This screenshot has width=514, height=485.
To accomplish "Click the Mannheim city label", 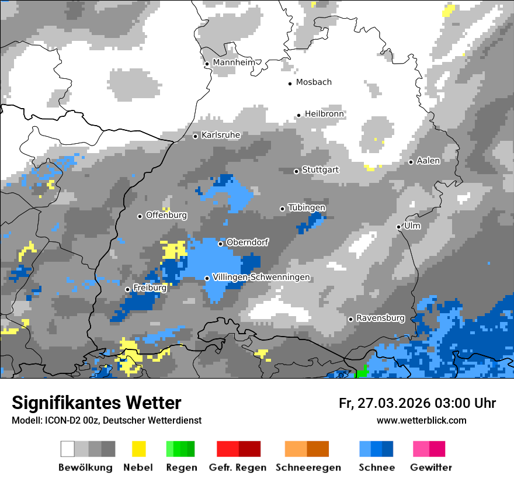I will click(x=235, y=63).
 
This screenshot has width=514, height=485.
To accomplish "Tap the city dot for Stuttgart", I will click(x=296, y=171).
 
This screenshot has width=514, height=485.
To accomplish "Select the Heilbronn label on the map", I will click(x=324, y=114).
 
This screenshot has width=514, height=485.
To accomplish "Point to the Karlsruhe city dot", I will click(x=196, y=136).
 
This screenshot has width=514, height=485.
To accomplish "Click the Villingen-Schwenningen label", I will click(x=261, y=278).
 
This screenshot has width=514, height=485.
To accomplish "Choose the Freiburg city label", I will click(x=150, y=288).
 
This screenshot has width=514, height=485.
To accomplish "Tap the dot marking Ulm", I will click(x=398, y=227).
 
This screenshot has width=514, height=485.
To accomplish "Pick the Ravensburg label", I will click(x=380, y=318).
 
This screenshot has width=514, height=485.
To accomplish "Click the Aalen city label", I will click(x=428, y=161).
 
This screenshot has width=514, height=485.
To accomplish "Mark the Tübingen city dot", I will click(x=283, y=209).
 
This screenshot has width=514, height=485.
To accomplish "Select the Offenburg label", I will click(x=166, y=215).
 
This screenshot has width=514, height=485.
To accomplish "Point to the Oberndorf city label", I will click(x=247, y=243).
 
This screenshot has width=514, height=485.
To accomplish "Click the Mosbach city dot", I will click(x=290, y=84).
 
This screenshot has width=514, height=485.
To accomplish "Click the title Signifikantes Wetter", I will click(x=96, y=403).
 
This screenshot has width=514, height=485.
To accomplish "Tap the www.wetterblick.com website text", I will click(x=422, y=421).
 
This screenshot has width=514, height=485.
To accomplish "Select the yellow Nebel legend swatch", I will click(x=138, y=449).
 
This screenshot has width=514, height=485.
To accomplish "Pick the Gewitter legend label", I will click(x=431, y=467).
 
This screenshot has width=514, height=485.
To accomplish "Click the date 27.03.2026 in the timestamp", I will click(x=395, y=403).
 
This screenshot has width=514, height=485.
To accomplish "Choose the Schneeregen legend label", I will click(x=308, y=467).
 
